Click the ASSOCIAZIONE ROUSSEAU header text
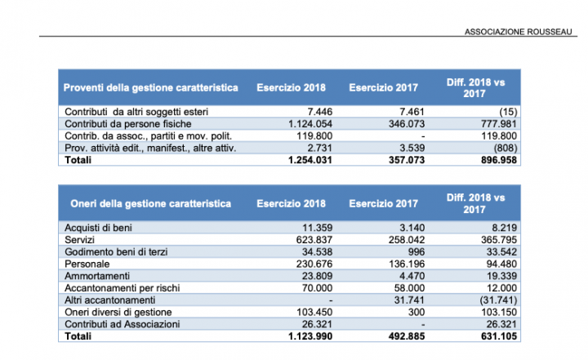point(519,32)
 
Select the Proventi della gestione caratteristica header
point(151,87)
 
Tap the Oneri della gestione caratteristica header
point(151,203)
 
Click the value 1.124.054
point(310,124)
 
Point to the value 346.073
point(407,124)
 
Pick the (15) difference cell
point(508,112)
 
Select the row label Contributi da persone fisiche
point(128,124)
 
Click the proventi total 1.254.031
point(310,160)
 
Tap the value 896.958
point(499,160)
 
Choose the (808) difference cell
point(506,148)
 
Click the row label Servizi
point(79,240)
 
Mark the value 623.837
point(314,240)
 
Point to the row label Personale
point(87,264)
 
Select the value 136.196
point(407,264)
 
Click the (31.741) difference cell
point(498,300)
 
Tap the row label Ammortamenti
point(97,276)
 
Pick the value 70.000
point(317,288)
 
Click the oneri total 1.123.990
point(310,336)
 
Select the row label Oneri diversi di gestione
point(118,313)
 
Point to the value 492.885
point(407,336)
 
